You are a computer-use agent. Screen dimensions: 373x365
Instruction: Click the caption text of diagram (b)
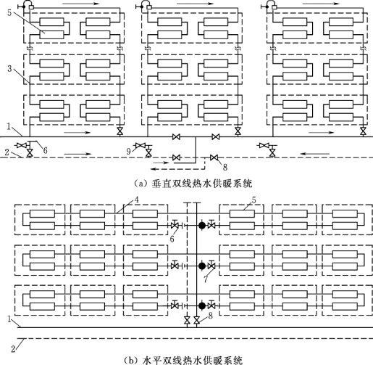coord(183,360)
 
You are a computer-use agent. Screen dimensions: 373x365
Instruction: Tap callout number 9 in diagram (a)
coord(128,152)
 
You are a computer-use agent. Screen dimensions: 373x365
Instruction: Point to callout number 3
coord(9,69)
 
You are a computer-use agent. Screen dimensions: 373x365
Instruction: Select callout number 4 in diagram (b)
coord(136,200)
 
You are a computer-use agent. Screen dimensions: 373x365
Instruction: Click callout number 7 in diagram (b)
coord(206,279)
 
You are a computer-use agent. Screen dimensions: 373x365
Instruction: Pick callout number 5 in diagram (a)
coord(9,12)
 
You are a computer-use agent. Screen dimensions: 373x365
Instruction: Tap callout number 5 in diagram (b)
coord(253,200)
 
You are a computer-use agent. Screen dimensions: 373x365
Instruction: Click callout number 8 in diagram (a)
coord(225,167)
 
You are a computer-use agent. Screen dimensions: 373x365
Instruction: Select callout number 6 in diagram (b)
coord(172,239)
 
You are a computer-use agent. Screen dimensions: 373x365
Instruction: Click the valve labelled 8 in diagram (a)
coord(214,157)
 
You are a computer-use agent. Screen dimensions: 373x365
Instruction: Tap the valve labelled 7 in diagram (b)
coord(211,265)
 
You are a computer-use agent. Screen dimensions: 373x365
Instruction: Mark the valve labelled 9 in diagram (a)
coord(140,146)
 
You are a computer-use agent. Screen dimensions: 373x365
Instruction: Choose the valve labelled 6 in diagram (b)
coord(175,225)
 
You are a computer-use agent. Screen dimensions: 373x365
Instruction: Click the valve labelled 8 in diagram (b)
coord(197,321)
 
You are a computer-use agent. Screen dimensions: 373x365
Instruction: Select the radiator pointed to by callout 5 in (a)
coord(51,35)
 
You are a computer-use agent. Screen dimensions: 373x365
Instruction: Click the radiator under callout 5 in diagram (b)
coord(242,214)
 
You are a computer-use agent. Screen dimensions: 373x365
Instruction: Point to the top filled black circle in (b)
coord(202,226)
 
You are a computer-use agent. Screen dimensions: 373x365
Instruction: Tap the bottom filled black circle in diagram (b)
coord(202,306)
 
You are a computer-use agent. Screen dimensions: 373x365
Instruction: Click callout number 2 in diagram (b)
coord(14,349)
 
